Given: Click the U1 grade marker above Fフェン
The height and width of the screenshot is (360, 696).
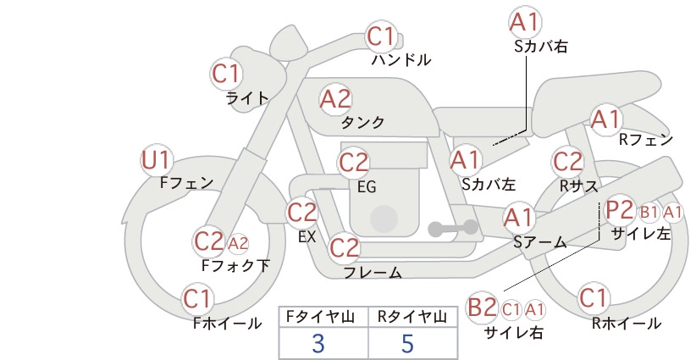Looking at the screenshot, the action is [157, 160].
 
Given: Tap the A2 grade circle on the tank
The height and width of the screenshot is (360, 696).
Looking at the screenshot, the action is [335, 99].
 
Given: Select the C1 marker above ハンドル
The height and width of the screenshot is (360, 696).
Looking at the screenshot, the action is [381, 36].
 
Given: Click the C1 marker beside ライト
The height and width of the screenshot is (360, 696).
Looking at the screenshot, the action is [226, 73].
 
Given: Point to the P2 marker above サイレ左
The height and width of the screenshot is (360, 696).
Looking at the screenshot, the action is [619, 209].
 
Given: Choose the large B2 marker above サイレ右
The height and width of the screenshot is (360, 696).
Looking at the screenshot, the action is [483, 307].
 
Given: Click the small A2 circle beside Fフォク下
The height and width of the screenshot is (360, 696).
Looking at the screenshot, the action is [238, 244].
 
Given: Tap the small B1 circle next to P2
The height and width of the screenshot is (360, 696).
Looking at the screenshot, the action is [649, 213].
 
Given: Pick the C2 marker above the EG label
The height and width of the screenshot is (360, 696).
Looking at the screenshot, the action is [354, 163].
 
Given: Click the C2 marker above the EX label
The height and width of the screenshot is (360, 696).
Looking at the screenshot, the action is [301, 212].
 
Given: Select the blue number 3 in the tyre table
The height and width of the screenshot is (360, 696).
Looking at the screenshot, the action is [318, 344].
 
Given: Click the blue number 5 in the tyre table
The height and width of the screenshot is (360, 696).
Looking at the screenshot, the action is [407, 344].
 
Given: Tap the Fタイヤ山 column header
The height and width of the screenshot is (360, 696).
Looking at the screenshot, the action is [320, 317].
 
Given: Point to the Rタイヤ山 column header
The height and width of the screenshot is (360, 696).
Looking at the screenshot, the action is [412, 317].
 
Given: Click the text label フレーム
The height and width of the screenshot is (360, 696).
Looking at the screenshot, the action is [373, 273].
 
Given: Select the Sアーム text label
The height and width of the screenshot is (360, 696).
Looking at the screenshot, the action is [540, 242].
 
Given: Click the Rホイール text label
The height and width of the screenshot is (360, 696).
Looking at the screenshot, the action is [627, 324].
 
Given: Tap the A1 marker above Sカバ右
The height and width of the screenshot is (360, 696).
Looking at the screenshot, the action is [525, 23].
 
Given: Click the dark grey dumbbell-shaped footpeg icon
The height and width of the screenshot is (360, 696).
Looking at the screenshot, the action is [453, 228].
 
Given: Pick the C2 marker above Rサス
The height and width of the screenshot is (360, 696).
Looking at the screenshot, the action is [567, 162].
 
